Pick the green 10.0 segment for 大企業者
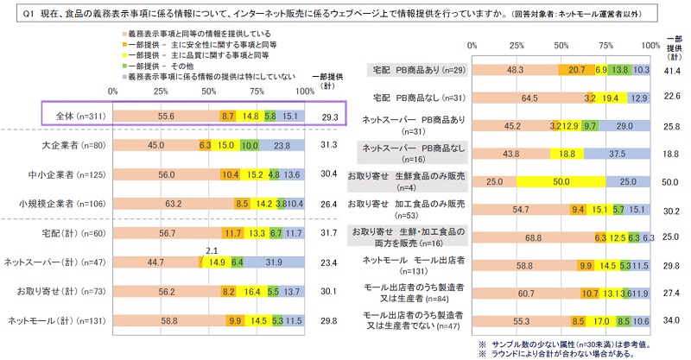click(x=249, y=145)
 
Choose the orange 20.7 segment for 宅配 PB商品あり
click(x=576, y=70)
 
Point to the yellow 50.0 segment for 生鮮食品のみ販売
click(x=561, y=182)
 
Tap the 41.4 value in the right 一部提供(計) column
click(x=672, y=70)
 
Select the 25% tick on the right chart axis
click(x=517, y=44)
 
